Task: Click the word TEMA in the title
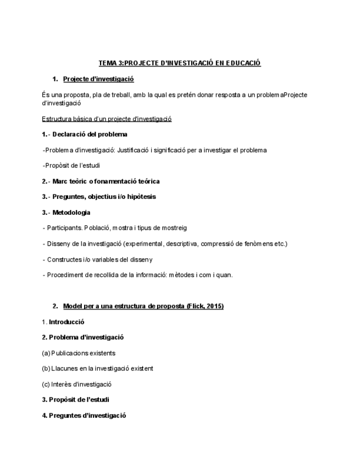(107, 63)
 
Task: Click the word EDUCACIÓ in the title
(243, 63)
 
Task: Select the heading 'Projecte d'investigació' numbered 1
(98, 79)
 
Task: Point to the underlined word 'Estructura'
(58, 119)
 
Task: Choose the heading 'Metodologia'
(71, 212)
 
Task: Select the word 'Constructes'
(64, 259)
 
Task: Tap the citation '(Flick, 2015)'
(205, 306)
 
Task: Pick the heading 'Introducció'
(67, 322)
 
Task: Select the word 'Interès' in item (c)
(62, 384)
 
